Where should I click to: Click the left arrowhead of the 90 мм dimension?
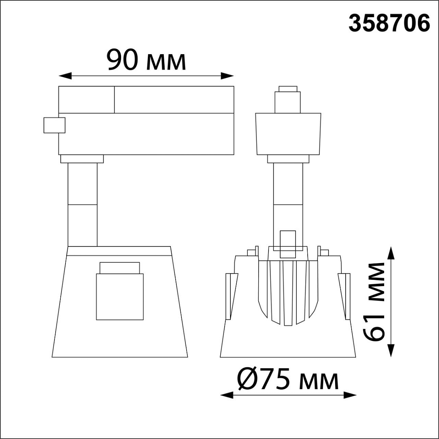[x=65, y=76]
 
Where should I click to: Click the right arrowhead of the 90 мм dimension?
[x=227, y=76]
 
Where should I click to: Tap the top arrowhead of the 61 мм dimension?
[x=391, y=253]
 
